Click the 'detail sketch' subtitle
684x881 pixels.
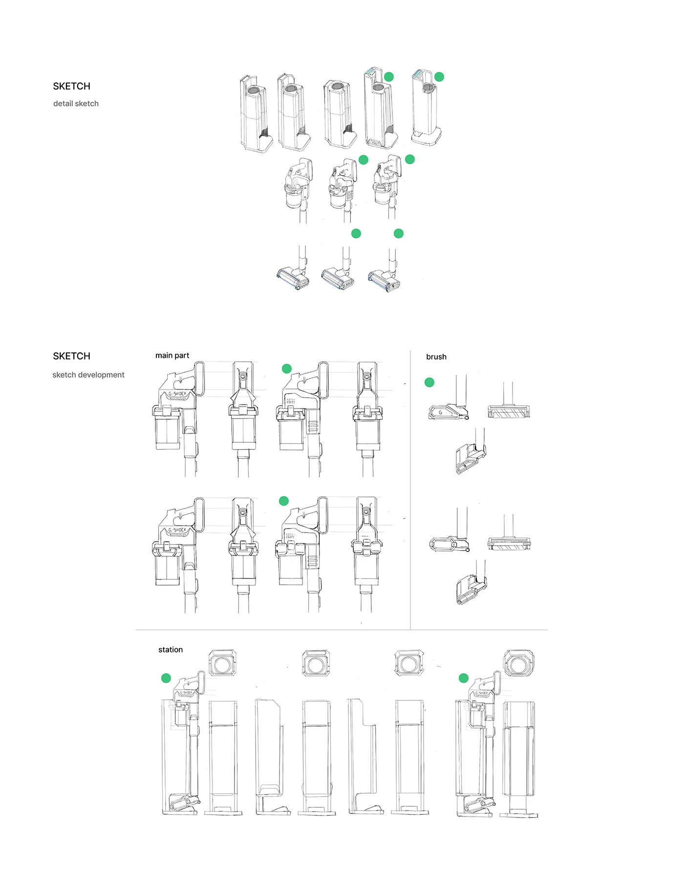[x=76, y=103]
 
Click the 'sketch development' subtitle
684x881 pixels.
[x=88, y=375]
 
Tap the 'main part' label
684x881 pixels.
[x=172, y=355]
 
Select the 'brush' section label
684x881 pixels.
[x=436, y=357]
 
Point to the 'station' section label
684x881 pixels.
[x=171, y=650]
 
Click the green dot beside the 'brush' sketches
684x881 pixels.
[x=429, y=382]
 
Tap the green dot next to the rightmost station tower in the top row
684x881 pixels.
[x=439, y=77]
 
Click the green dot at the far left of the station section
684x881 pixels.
[x=166, y=678]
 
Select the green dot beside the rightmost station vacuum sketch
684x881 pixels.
[x=464, y=678]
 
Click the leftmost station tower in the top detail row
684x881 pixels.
[x=255, y=115]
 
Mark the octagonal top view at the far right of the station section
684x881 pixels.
[x=519, y=663]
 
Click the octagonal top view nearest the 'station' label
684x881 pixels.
[x=223, y=663]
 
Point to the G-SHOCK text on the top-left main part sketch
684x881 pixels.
[x=177, y=393]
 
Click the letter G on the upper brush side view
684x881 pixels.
[x=440, y=412]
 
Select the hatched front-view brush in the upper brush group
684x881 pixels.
[x=509, y=412]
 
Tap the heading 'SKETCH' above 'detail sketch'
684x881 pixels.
[x=71, y=86]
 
